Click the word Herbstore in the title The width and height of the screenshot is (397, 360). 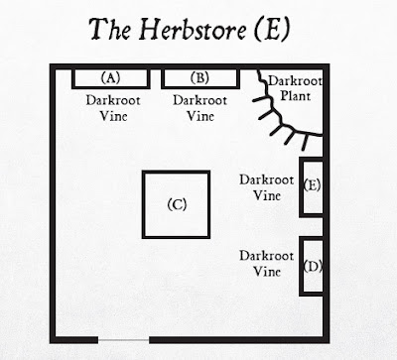tap(193, 29)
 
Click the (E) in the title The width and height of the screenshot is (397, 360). tap(272, 29)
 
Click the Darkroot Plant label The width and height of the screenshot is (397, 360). tap(295, 88)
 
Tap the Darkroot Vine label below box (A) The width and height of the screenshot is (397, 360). tap(113, 108)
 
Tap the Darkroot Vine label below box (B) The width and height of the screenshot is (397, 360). tap(200, 108)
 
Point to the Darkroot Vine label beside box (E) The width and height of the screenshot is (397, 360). tap(267, 187)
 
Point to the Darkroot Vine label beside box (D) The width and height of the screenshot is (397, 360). tap(267, 264)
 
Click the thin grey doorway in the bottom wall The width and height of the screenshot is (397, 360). tap(123, 339)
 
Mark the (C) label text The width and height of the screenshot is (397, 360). tap(177, 204)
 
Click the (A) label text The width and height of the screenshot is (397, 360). tap(110, 78)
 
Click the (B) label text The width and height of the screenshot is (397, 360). tap(200, 78)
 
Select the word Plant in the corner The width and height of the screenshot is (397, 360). tap(296, 96)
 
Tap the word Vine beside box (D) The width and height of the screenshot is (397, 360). tap(267, 272)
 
